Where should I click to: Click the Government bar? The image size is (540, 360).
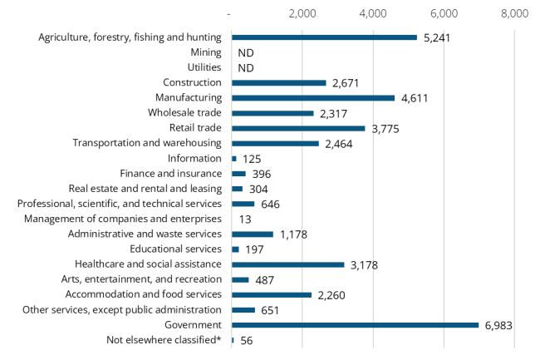[355, 325]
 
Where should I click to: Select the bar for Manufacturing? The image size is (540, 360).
[313, 98]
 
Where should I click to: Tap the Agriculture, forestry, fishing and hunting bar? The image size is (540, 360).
[324, 37]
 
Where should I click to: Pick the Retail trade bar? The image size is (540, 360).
[298, 128]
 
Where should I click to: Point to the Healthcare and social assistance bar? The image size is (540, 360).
[287, 264]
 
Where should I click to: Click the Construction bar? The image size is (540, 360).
[278, 83]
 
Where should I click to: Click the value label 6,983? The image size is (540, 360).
[498, 325]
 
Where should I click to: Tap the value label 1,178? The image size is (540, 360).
[292, 234]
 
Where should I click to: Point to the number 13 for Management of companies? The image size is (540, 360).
[245, 219]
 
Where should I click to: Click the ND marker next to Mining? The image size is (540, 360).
[245, 52]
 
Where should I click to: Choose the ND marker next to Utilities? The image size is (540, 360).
[245, 68]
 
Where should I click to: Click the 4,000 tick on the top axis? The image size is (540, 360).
[373, 13]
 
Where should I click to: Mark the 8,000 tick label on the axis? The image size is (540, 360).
[515, 13]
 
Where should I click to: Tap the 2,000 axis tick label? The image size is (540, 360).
[302, 13]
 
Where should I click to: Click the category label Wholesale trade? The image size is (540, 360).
[184, 113]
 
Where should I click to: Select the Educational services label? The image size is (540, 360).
[175, 249]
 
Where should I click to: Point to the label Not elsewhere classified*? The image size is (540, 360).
[164, 340]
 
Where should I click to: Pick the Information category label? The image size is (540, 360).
[194, 158]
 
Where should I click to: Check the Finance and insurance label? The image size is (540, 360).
[170, 174]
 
